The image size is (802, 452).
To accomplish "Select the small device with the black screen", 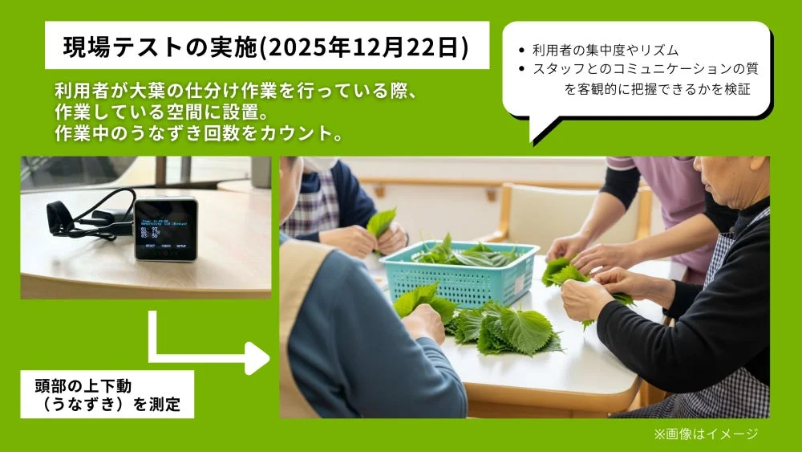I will pos(165,228).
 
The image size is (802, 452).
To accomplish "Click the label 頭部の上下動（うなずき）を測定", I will pos(107,394).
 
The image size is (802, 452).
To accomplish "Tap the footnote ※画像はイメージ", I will pos(706,434).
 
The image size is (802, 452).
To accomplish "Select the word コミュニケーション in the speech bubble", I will pos(648,69).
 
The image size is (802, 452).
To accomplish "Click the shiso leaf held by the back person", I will pos(381,221).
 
